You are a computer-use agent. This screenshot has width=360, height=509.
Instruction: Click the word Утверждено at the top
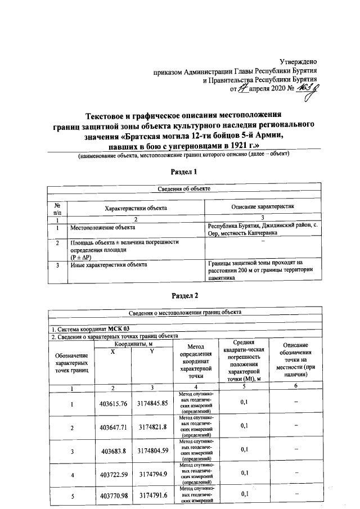coord(299,61)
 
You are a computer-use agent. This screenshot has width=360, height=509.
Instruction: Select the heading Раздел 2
coord(185,295)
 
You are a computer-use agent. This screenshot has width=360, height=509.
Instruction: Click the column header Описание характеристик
coord(263,208)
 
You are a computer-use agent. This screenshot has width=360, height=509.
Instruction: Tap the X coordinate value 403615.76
coord(114,403)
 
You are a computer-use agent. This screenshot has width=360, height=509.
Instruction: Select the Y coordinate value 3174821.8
coord(151,427)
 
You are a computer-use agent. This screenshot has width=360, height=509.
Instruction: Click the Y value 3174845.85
coord(151,403)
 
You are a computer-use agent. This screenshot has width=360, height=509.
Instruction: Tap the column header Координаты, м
coord(133,344)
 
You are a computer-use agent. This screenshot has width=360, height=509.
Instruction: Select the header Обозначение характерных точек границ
coord(72,364)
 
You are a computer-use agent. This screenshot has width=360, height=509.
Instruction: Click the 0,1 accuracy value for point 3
coord(244,449)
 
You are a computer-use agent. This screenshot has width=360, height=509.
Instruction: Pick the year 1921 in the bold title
coord(224,146)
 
